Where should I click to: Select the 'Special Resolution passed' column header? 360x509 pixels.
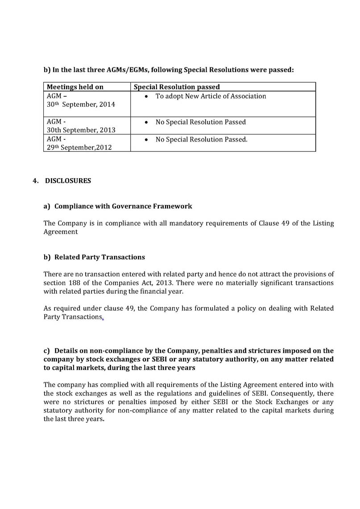(x=177, y=87)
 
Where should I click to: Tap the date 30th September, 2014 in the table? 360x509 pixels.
(x=81, y=104)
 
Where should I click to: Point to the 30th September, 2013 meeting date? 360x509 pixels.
(x=81, y=130)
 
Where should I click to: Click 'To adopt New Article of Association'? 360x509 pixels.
(x=211, y=96)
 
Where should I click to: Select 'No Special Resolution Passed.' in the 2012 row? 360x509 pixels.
(x=201, y=139)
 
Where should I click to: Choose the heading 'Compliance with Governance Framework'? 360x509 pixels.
(x=123, y=206)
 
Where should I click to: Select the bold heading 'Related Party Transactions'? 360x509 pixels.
(x=99, y=257)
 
